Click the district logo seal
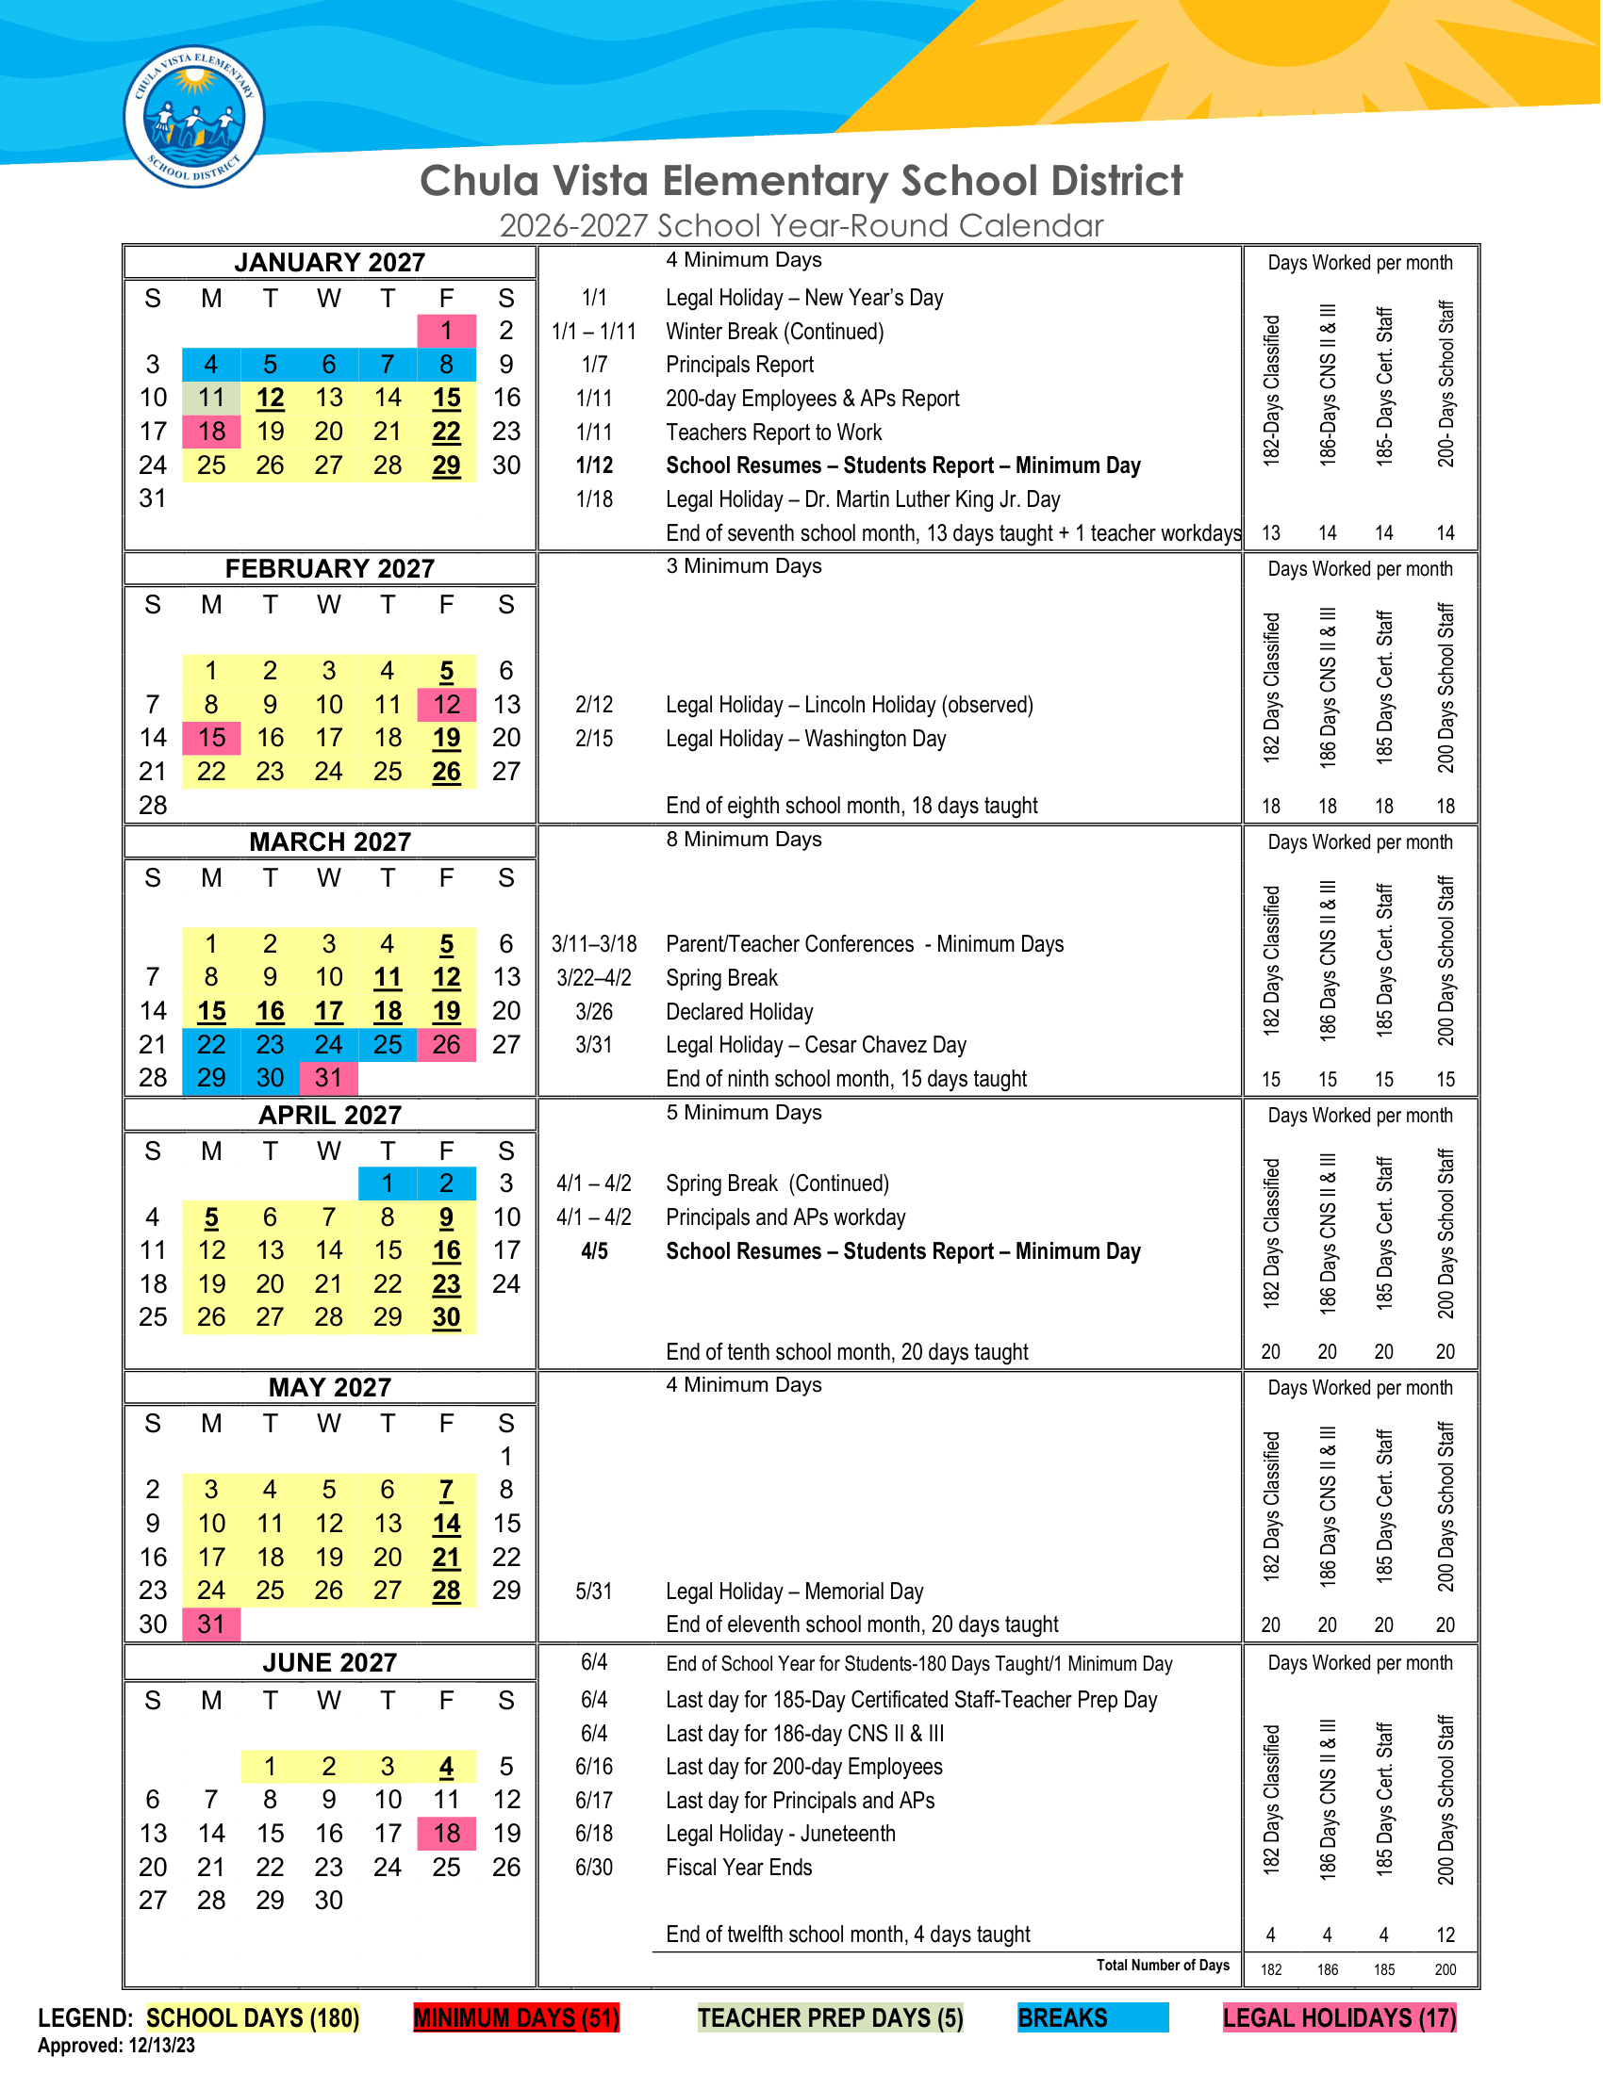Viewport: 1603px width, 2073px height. click(193, 117)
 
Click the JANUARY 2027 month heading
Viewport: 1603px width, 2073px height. click(329, 262)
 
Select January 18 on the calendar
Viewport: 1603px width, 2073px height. click(211, 432)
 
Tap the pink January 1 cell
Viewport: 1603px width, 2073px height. click(446, 331)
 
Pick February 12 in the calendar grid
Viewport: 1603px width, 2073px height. click(446, 704)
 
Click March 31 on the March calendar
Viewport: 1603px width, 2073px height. click(328, 1078)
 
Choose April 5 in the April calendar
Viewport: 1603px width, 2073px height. click(211, 1217)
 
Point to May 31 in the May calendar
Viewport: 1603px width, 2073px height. click(211, 1624)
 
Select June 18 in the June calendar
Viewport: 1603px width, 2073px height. click(446, 1834)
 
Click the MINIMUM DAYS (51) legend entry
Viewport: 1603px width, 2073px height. click(517, 2018)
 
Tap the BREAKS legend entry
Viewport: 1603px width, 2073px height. click(1092, 2018)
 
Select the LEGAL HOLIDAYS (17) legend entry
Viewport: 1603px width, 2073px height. click(1339, 2018)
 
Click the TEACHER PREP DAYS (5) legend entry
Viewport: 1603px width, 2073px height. click(830, 2018)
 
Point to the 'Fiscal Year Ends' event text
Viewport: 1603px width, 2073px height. click(739, 1868)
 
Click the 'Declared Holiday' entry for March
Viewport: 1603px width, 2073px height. click(740, 1012)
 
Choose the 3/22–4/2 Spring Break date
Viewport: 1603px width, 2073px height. click(593, 979)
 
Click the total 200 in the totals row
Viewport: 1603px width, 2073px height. click(1446, 1970)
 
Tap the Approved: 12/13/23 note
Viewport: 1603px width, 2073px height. click(116, 2047)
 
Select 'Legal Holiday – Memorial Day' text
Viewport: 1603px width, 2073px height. click(794, 1591)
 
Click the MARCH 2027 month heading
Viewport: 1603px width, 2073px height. click(329, 841)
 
